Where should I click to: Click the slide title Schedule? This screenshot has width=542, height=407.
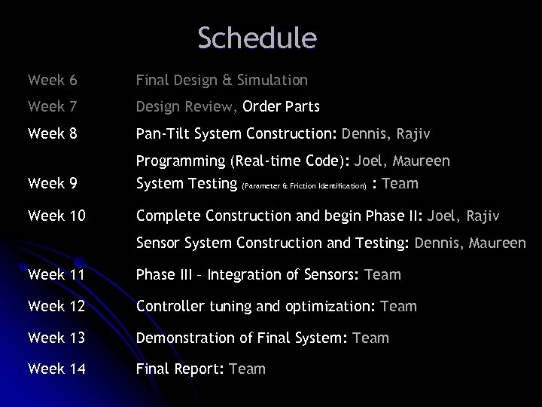[x=257, y=38]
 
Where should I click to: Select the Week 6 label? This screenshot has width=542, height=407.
[x=52, y=79]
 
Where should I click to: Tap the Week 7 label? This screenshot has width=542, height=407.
[x=52, y=107]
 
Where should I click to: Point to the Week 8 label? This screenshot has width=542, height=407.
[x=52, y=135]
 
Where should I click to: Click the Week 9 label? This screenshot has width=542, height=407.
[x=52, y=183]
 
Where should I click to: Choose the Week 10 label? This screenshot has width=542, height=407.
[x=56, y=216]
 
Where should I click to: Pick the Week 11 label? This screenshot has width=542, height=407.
[x=56, y=274]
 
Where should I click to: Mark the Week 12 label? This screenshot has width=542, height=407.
[x=56, y=306]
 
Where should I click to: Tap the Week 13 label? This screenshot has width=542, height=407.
[x=56, y=338]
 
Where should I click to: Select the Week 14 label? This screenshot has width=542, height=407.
[x=56, y=369]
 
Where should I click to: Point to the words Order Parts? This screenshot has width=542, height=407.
[x=282, y=107]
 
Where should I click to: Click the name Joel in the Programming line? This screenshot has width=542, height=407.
[x=369, y=161]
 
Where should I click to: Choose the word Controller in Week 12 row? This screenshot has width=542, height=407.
[x=170, y=306]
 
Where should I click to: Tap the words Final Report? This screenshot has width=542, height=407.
[x=178, y=369]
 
